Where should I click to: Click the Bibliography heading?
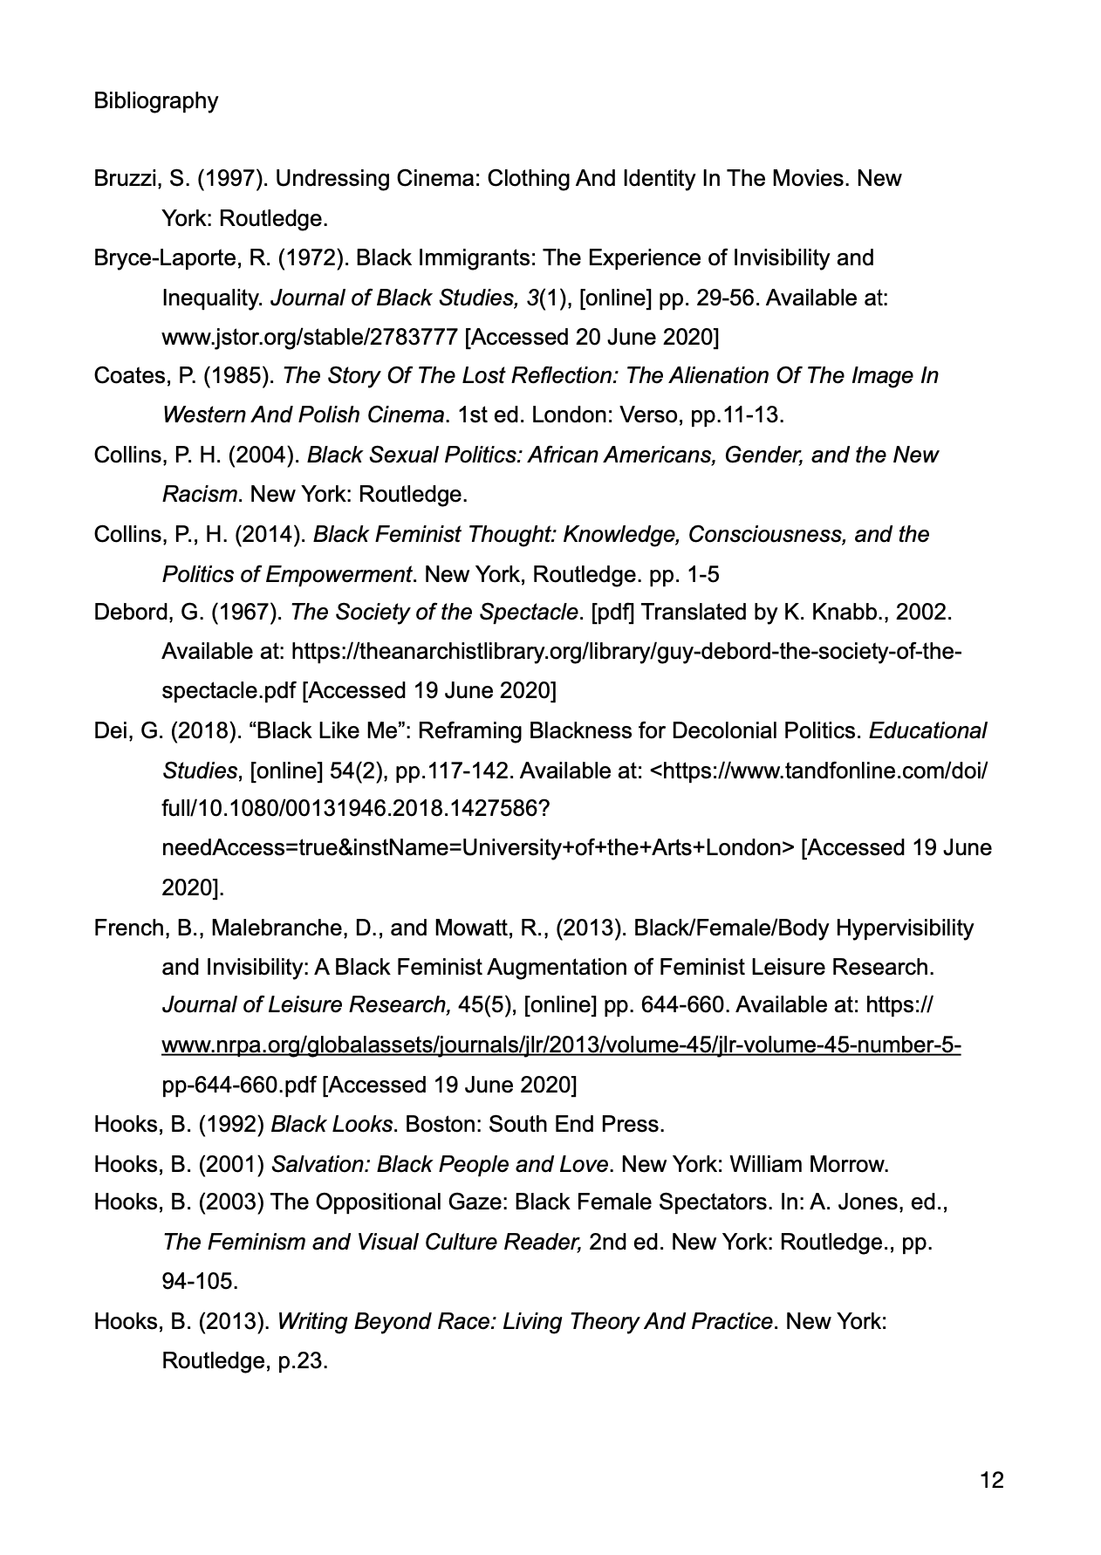[156, 101]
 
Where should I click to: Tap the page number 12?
[992, 1480]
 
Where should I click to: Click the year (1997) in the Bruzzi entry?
[232, 179]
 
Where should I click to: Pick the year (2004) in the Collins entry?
[268, 456]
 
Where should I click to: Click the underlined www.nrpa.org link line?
[561, 1045]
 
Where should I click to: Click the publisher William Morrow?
[808, 1164]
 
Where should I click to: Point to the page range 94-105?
[200, 1282]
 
